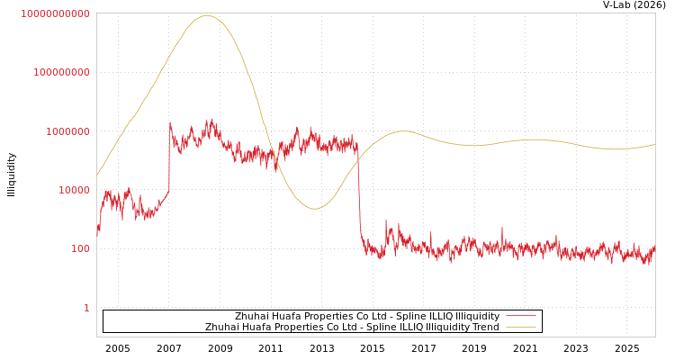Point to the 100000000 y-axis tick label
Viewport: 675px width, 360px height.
pyautogui.click(x=61, y=72)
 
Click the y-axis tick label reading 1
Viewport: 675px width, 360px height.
pyautogui.click(x=86, y=308)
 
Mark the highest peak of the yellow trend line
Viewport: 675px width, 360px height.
pyautogui.click(x=207, y=15)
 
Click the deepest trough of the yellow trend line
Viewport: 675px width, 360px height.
pyautogui.click(x=314, y=209)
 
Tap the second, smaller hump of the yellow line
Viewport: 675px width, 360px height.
pyautogui.click(x=403, y=131)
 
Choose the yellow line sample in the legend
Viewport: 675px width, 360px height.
pyautogui.click(x=521, y=328)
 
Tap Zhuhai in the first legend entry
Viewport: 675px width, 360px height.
pyautogui.click(x=252, y=317)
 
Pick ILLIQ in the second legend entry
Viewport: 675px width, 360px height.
pyautogui.click(x=400, y=328)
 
